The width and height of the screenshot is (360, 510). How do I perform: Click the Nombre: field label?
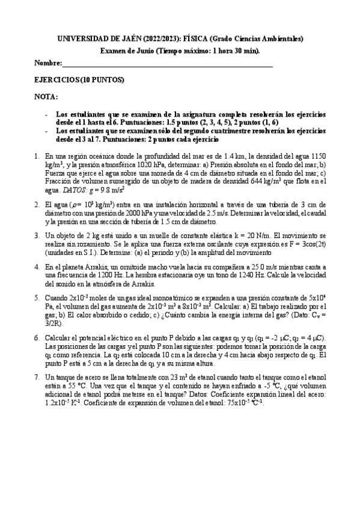(x=49, y=63)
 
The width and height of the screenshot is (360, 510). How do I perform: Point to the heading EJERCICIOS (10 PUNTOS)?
(x=80, y=79)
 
